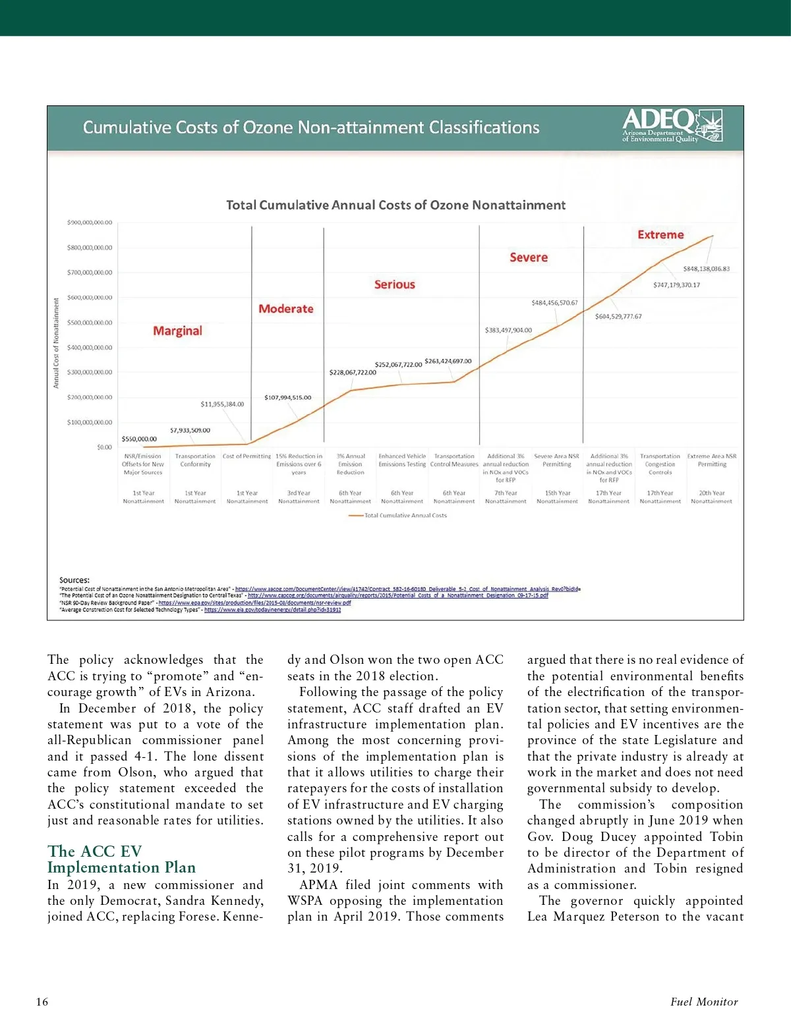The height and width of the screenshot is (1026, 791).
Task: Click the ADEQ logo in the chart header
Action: (x=672, y=125)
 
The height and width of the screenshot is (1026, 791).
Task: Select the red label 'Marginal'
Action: (x=177, y=331)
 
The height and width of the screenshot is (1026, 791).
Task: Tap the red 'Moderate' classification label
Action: (x=285, y=309)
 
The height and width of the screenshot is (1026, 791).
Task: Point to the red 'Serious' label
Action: (x=394, y=284)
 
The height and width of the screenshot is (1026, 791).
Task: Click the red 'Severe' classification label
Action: (x=528, y=257)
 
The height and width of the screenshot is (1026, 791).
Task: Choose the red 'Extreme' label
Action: (x=660, y=235)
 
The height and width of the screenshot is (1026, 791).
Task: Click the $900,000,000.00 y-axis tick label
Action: (x=90, y=223)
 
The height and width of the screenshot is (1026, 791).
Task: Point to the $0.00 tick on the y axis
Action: (x=104, y=447)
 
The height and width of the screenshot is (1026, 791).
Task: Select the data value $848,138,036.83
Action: (x=706, y=269)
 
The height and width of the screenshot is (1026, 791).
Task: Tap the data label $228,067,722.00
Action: (x=353, y=373)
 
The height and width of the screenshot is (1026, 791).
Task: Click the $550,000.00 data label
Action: (x=139, y=439)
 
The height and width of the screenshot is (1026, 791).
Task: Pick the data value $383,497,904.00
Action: (x=508, y=331)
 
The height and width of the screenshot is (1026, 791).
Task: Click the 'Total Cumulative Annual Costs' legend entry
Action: (x=405, y=516)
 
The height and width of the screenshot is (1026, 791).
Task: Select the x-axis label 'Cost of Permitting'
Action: (x=247, y=456)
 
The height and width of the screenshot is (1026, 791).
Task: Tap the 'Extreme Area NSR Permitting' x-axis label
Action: (x=711, y=460)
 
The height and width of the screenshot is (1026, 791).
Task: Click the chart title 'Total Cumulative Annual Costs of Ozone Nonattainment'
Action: (x=395, y=205)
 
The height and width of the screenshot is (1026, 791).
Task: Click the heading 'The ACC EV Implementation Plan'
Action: (x=121, y=859)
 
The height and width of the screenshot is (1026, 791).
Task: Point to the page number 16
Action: (x=42, y=1002)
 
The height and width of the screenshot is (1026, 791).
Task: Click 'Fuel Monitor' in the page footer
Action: (x=703, y=1002)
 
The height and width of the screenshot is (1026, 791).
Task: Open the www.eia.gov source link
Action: (x=272, y=610)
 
